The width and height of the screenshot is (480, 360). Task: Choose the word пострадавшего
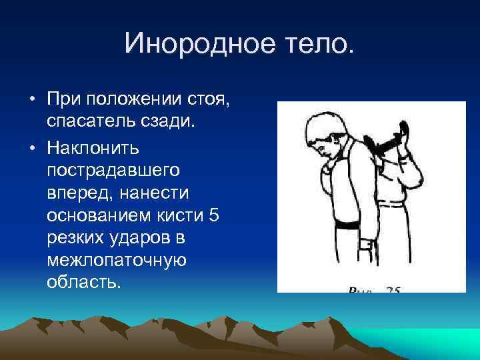113,169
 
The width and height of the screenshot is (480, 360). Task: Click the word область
85,283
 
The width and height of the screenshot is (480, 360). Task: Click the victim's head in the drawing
327,133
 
